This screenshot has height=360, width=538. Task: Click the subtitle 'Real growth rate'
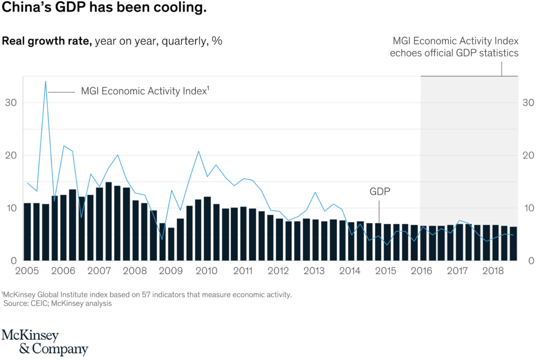pyautogui.click(x=47, y=41)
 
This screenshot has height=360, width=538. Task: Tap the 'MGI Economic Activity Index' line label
pyautogui.click(x=144, y=91)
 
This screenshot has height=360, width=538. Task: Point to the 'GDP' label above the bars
pyautogui.click(x=379, y=192)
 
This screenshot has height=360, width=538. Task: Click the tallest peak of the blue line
pyautogui.click(x=46, y=81)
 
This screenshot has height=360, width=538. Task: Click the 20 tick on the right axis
pyautogui.click(x=527, y=156)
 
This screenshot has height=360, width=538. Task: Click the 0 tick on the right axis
pyautogui.click(x=529, y=261)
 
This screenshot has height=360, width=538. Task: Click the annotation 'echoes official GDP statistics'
pyautogui.click(x=455, y=53)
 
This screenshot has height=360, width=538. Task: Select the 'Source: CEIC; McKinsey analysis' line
pyautogui.click(x=58, y=303)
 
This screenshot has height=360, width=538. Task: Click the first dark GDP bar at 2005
pyautogui.click(x=27, y=231)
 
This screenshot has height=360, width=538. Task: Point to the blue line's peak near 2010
pyautogui.click(x=199, y=151)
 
